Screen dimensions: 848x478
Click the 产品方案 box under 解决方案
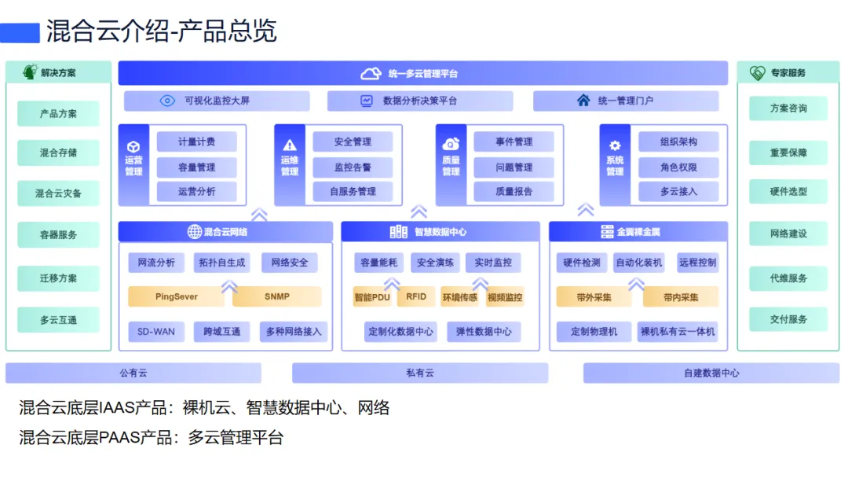point(58,114)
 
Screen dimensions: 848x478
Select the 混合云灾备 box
point(58,193)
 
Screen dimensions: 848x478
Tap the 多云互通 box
point(58,320)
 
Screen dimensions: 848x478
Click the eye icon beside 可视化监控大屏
point(167,101)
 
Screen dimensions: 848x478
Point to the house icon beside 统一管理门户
point(583,100)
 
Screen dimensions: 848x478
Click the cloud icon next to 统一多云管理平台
point(371,73)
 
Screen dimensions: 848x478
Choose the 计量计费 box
point(197,142)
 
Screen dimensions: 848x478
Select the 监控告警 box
point(353,167)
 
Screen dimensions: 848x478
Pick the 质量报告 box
point(514,191)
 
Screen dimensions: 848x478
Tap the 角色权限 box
point(678,167)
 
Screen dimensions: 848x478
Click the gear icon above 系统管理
point(615,145)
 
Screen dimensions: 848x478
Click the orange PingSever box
point(177,296)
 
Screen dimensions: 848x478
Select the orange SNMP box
point(277,296)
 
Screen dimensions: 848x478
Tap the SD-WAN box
point(156,331)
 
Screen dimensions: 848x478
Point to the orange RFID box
point(416,296)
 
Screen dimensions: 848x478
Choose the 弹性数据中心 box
point(484,331)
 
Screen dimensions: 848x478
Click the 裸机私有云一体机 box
point(678,331)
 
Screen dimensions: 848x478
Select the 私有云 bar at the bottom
point(420,373)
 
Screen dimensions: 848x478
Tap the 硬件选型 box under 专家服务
point(788,191)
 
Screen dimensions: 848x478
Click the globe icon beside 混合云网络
point(194,232)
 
